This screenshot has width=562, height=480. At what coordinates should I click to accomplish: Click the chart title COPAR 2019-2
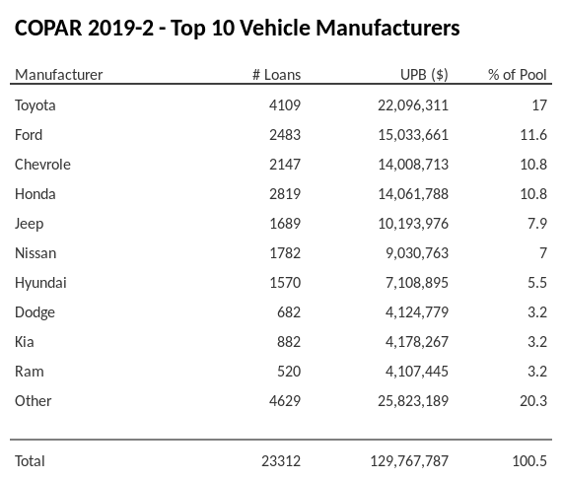(237, 28)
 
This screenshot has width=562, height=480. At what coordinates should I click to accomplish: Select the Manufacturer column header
(58, 75)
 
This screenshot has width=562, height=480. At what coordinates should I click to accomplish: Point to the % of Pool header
(518, 75)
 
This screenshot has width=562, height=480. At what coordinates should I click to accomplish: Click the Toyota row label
(35, 105)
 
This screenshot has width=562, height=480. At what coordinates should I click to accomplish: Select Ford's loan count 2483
(282, 135)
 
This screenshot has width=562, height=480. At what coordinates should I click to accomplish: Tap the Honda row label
(35, 194)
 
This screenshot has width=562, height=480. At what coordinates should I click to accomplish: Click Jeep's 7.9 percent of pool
(537, 224)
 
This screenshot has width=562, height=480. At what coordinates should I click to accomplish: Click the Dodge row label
(35, 312)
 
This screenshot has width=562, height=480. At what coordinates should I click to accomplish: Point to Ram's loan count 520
(287, 372)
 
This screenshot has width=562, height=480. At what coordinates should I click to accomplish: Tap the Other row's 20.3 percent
(533, 401)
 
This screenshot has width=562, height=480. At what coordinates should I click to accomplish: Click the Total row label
(30, 460)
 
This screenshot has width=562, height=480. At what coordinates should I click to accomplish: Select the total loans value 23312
(279, 460)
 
